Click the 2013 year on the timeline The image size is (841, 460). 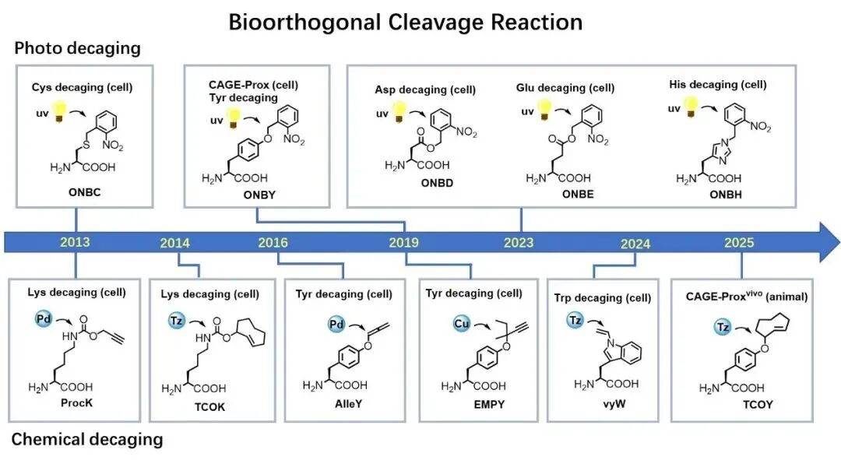pyautogui.click(x=74, y=241)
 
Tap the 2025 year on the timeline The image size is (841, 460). pyautogui.click(x=738, y=242)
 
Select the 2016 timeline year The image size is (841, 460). pyautogui.click(x=273, y=242)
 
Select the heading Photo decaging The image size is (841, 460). pyautogui.click(x=77, y=48)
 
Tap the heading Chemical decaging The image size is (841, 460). pyautogui.click(x=87, y=439)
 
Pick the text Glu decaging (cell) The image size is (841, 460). pyautogui.click(x=565, y=88)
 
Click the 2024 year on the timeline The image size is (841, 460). pyautogui.click(x=635, y=244)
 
